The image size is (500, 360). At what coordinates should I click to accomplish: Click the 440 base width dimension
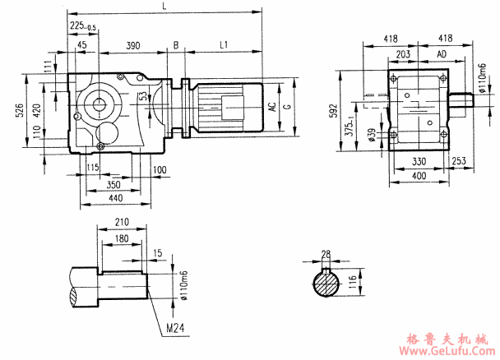click(114, 199)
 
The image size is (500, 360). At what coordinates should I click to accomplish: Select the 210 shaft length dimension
click(123, 223)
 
